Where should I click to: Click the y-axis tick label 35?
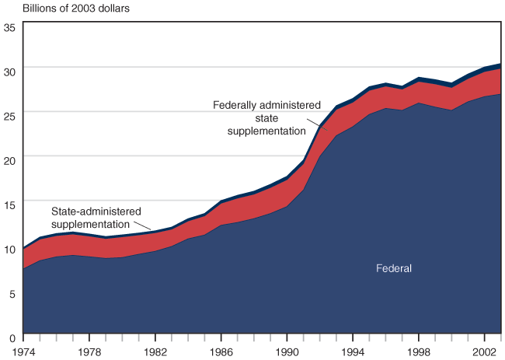(x=9, y=28)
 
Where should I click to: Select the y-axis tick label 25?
(x=9, y=115)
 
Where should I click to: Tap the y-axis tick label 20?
(x=9, y=160)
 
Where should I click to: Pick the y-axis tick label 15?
(x=9, y=205)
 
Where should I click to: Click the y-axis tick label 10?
(x=9, y=250)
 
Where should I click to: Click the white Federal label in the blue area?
(x=393, y=269)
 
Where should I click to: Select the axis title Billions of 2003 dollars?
(x=75, y=9)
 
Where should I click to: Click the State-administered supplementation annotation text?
(x=96, y=217)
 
